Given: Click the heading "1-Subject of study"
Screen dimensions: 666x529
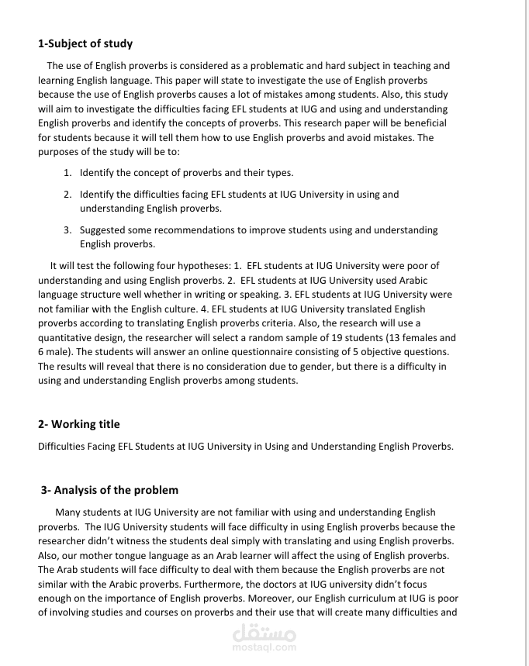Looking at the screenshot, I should pos(85,43).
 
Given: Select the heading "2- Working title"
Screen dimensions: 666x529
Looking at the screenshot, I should pos(79,424).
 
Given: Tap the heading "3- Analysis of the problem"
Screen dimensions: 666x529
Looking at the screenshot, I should pos(109,490).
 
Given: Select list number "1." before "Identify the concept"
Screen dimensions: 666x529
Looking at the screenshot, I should pos(67,172).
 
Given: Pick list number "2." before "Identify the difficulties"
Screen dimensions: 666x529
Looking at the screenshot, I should pos(67,195).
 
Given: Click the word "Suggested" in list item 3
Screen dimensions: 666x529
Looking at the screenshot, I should pos(103,230).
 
